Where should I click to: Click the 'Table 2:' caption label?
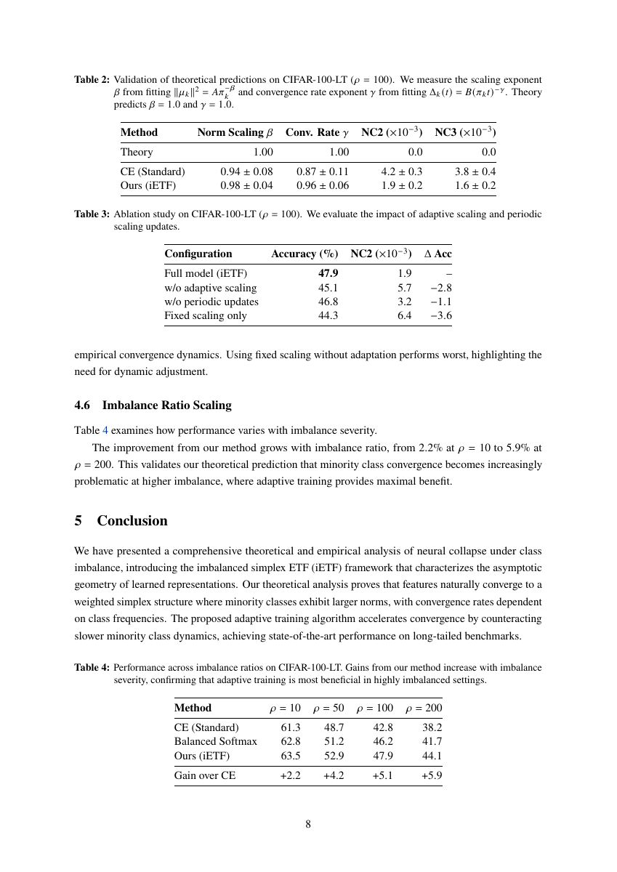tap(92, 79)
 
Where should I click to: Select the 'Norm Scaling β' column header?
tap(235, 132)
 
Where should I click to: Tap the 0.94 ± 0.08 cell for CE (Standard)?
tap(246, 171)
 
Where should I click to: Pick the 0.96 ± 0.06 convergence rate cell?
tap(323, 185)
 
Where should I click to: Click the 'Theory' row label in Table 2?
tap(137, 152)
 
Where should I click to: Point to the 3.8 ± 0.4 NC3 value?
tap(475, 171)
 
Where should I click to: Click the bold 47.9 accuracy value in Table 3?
tap(328, 273)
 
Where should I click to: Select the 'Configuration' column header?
tap(198, 254)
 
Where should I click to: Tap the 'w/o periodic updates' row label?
tap(211, 302)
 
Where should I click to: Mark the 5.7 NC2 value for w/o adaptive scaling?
tap(405, 288)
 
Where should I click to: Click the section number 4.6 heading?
tap(83, 405)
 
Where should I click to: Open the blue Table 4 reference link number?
tap(105, 429)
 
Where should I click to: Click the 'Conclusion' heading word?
tap(132, 521)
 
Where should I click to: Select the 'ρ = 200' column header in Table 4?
tap(424, 708)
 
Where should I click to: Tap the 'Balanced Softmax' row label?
tap(216, 741)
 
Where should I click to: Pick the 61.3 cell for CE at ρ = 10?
tap(291, 727)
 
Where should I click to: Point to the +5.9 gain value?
tap(432, 775)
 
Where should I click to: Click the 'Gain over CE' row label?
tap(205, 775)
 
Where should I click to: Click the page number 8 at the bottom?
tap(308, 824)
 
